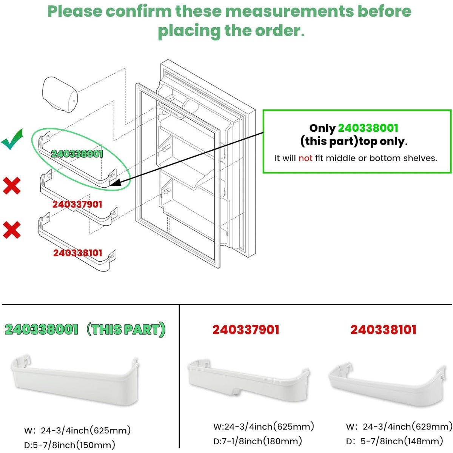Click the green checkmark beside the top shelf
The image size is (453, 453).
tap(12, 140)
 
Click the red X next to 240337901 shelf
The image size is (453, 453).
tap(12, 186)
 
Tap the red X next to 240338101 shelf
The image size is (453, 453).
tap(12, 230)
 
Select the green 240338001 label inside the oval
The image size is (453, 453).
tap(77, 154)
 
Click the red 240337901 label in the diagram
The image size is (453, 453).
tap(77, 204)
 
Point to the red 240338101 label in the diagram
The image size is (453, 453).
tap(78, 253)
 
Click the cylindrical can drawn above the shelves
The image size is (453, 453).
tap(60, 94)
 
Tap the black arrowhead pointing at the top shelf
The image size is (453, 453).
tap(116, 182)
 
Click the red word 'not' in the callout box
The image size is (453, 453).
tap(305, 158)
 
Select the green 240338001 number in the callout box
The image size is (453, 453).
tap(368, 128)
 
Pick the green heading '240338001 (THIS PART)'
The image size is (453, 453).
tap(85, 329)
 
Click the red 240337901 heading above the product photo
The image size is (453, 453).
tap(246, 330)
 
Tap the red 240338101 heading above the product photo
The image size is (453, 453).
tap(383, 330)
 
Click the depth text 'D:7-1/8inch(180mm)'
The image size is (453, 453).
tap(258, 441)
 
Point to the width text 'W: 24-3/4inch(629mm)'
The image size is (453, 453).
tap(399, 427)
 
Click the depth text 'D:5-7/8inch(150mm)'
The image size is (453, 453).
tap(69, 445)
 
